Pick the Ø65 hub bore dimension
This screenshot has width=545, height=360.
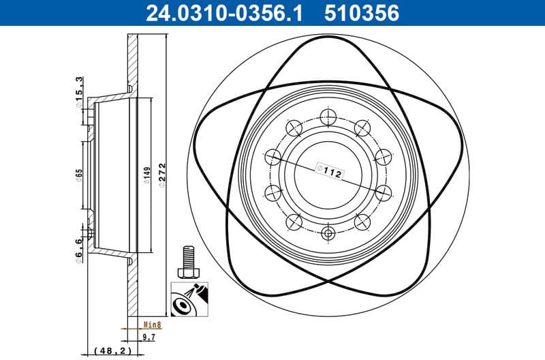pos(79,176)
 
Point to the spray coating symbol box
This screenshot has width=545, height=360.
pos(185,301)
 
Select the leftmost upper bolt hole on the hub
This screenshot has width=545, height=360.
pos(272,156)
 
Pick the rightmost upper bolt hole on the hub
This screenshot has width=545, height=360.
pos(384,156)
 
